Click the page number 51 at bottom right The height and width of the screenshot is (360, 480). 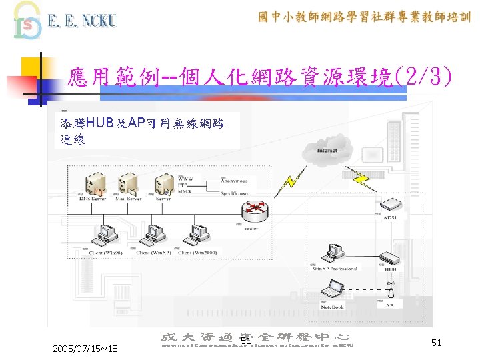pyautogui.click(x=437, y=342)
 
